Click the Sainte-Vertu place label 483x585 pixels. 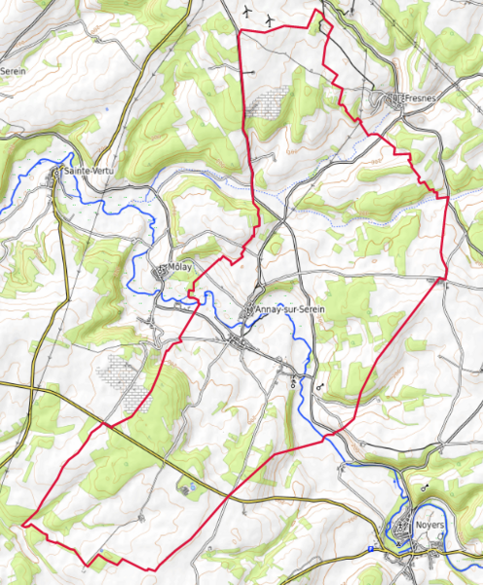90,172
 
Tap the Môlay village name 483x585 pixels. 179,266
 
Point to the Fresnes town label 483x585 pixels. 422,97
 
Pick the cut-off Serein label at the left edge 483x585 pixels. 12,71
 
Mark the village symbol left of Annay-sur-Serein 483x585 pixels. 250,310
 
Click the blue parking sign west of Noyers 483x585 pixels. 371,550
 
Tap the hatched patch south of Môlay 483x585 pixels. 122,378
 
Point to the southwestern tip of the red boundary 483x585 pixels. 22,524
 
